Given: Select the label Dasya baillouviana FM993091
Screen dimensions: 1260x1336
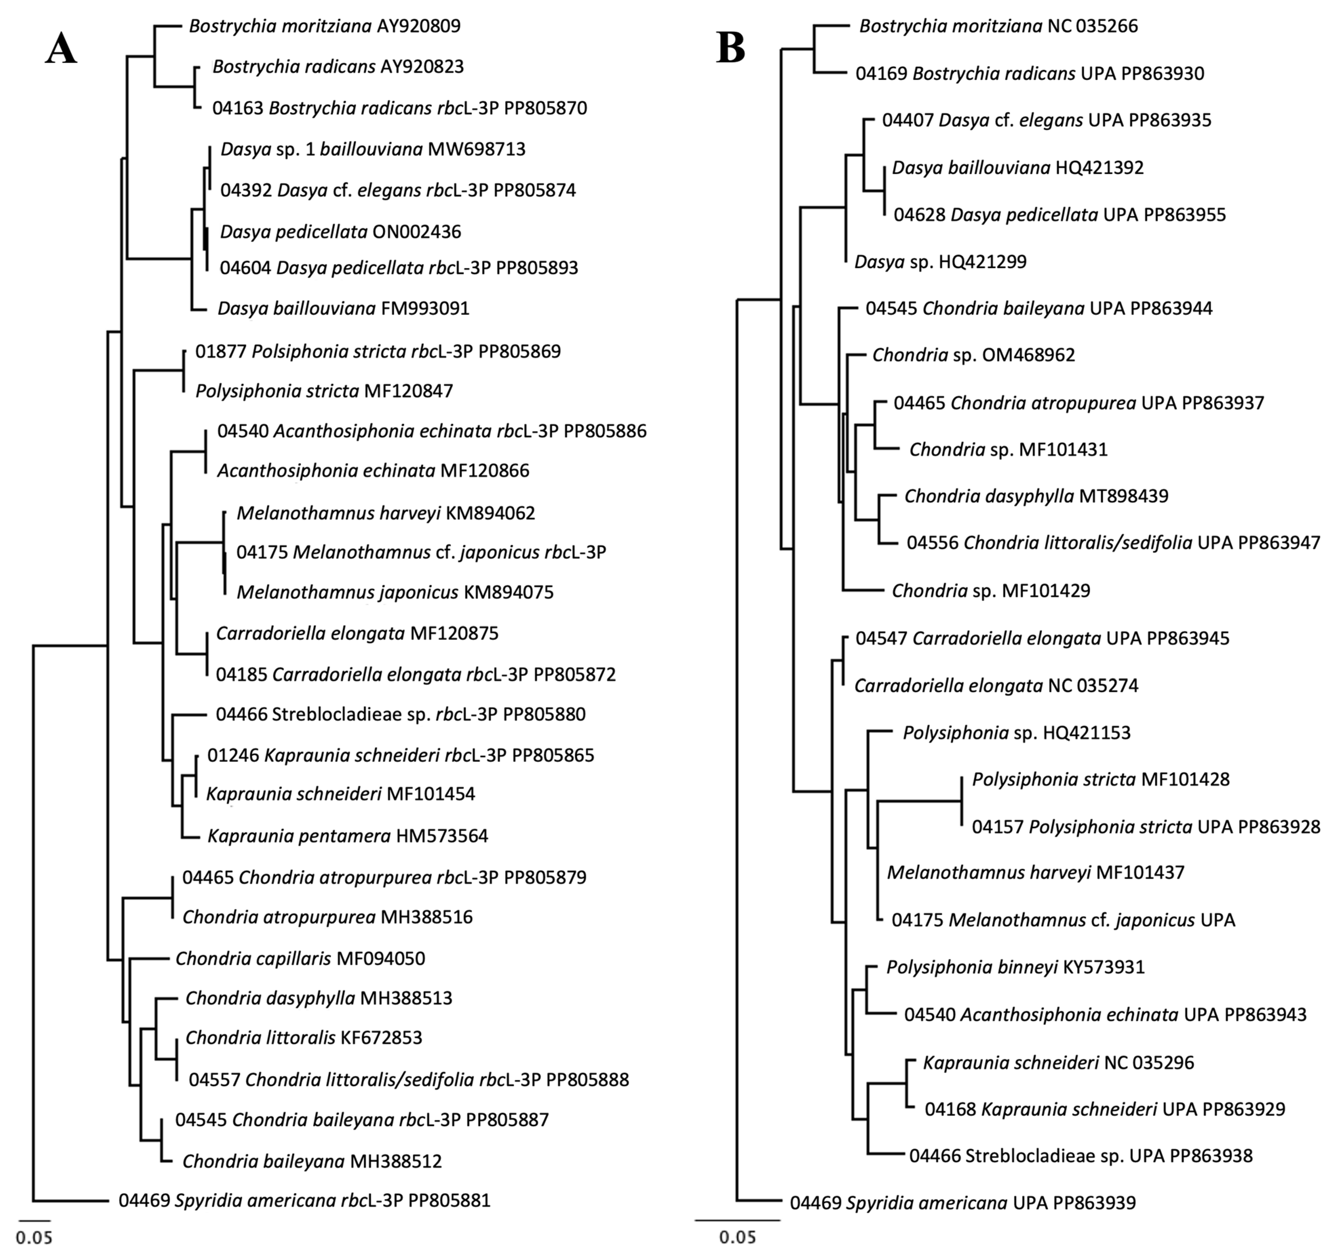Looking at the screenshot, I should (x=343, y=308).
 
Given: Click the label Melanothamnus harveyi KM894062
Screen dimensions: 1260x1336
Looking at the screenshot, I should (x=386, y=513).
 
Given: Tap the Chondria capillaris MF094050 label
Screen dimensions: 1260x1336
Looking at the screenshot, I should (x=301, y=958).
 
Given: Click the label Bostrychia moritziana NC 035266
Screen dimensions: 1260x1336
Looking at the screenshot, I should (x=999, y=26).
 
